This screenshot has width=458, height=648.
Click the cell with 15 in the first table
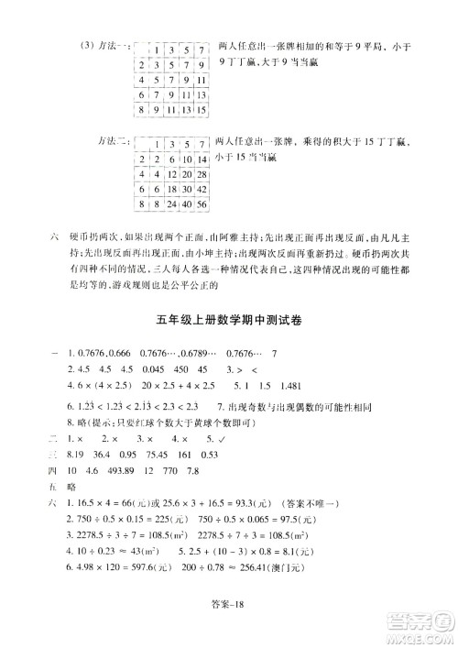(x=200, y=110)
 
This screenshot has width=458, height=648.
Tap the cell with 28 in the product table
(x=200, y=174)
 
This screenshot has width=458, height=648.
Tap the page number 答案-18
(x=230, y=623)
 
